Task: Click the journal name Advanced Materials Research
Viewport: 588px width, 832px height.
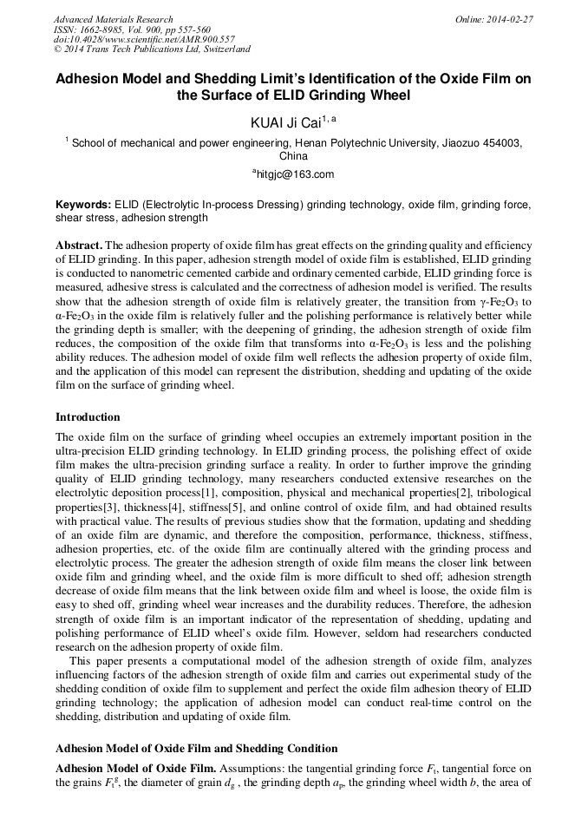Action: [x=114, y=19]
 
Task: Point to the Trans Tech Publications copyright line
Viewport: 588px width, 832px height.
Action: [x=152, y=50]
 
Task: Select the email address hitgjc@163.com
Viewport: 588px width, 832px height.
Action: [x=295, y=174]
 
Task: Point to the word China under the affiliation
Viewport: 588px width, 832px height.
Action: [x=293, y=156]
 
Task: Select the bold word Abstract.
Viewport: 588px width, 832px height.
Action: [x=79, y=246]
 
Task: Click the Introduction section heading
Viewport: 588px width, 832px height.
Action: [x=88, y=417]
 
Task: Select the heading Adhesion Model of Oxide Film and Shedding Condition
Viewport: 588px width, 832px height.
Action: [x=196, y=748]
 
